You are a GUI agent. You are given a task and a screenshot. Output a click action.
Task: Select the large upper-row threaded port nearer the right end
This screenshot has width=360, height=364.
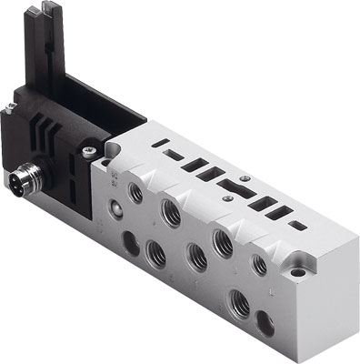point(219,242)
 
